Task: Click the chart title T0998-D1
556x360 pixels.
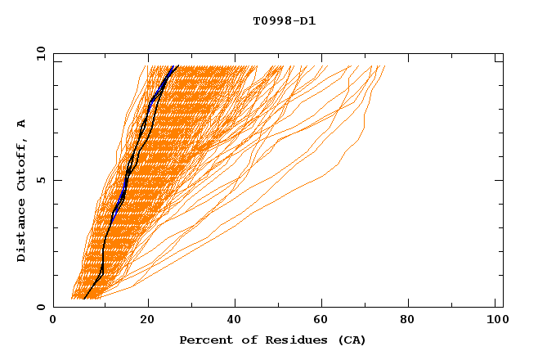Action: coord(284,21)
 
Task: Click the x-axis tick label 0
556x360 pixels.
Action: coord(53,322)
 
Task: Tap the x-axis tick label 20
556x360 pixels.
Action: coord(147,322)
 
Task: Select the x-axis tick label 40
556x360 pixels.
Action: coord(235,322)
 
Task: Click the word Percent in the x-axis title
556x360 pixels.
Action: coord(203,340)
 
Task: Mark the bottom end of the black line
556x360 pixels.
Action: coord(84,298)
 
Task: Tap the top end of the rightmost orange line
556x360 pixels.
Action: coord(384,66)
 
